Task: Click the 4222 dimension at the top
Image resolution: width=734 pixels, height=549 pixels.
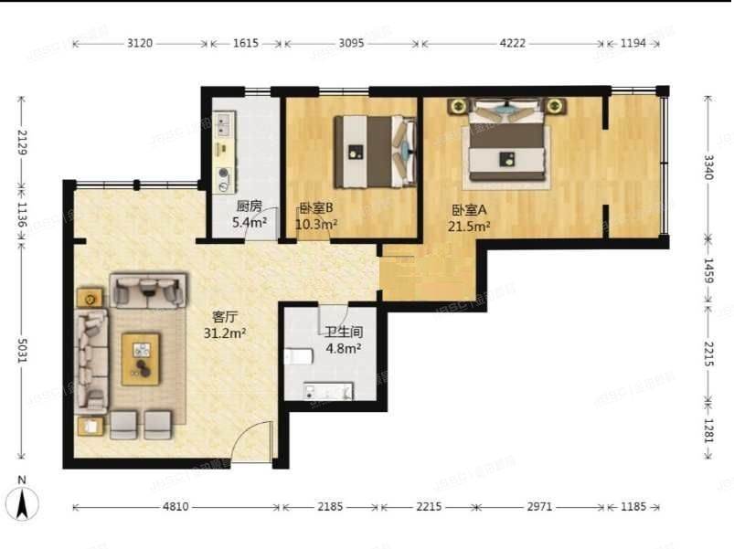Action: (512, 43)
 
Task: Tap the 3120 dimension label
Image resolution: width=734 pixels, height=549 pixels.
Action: (140, 43)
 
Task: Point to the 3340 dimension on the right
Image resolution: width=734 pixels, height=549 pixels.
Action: (708, 168)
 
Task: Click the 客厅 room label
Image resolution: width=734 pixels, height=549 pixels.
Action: (225, 317)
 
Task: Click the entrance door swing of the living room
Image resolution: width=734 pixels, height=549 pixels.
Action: (252, 442)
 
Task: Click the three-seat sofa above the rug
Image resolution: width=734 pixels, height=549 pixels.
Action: (147, 291)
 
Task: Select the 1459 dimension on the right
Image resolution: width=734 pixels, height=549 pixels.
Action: (708, 273)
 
